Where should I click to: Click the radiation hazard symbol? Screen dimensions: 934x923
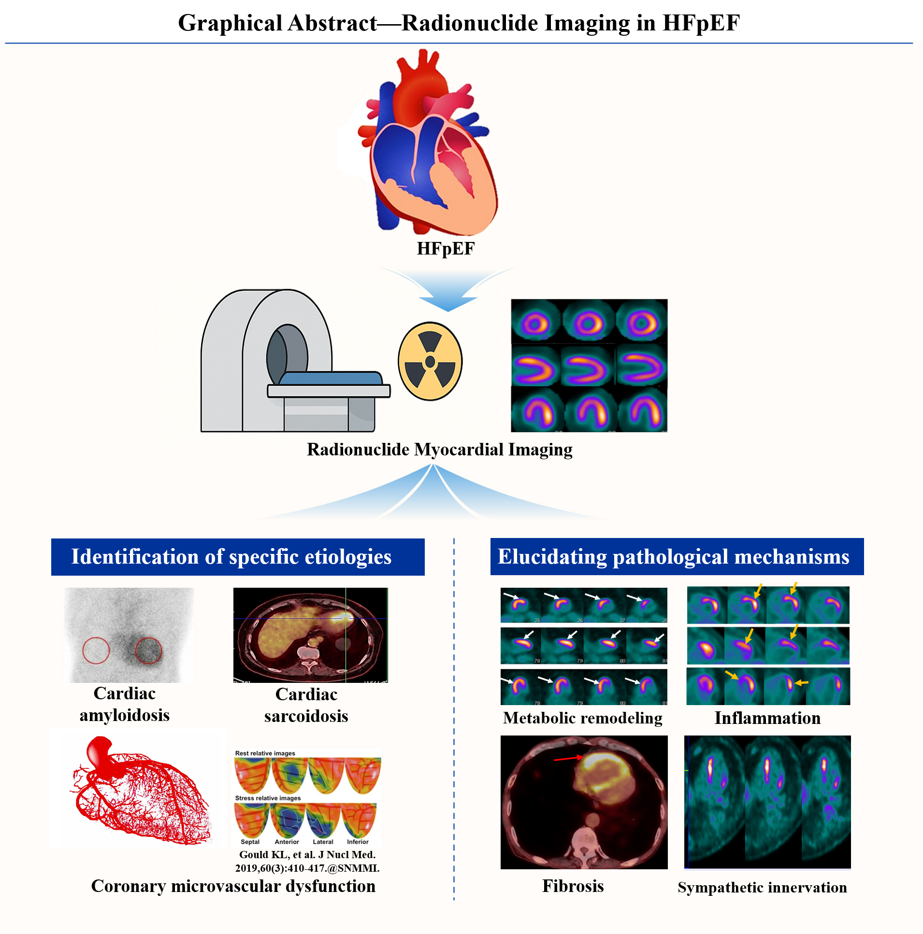pos(430,361)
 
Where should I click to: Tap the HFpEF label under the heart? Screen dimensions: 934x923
pos(445,249)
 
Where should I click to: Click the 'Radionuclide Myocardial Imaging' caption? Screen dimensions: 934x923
pos(439,449)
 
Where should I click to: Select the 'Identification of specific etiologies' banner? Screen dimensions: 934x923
pos(238,556)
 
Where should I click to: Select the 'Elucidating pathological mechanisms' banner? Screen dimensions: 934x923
pos(676,556)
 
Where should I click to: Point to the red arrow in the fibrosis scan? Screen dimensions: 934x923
pos(568,758)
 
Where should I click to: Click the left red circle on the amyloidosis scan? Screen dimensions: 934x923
pos(96,650)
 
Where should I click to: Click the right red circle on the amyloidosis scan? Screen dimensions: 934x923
pos(148,650)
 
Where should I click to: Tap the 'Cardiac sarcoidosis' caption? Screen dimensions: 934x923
pos(306,705)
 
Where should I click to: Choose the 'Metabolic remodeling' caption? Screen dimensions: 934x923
pos(582,718)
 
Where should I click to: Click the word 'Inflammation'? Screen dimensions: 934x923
pos(767,718)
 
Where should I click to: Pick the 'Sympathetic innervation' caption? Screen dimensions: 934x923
pos(762,887)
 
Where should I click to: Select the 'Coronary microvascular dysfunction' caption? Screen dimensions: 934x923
pos(233,886)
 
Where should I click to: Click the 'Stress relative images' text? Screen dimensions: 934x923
pos(268,798)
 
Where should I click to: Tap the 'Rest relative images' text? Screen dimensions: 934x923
pos(265,753)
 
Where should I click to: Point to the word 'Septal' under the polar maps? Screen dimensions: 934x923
pos(250,842)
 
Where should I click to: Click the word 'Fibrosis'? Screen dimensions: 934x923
pos(573,886)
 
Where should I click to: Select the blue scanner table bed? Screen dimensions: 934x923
pos(331,378)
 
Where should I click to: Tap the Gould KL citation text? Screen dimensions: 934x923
pos(307,861)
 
